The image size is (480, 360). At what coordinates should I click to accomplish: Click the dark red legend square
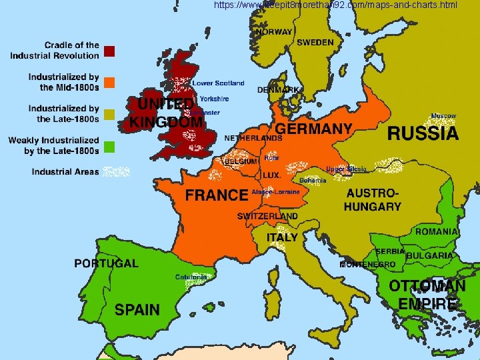pos(110,51)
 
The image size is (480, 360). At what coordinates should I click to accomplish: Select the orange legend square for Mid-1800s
pos(110,83)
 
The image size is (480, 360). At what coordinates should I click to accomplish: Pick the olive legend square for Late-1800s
pos(110,114)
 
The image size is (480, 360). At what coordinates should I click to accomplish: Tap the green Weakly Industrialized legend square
pos(110,146)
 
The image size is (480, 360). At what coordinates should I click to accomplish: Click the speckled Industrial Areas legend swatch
pos(116,172)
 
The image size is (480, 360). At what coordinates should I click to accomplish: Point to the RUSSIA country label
pos(423,134)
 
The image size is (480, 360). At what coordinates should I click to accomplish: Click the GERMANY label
pos(313,128)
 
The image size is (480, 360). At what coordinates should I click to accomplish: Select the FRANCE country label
pos(217,195)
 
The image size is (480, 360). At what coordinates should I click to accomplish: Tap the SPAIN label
pos(137,309)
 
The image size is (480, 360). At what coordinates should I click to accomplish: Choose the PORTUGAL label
pos(106,263)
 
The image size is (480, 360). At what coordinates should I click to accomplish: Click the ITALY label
pos(282,237)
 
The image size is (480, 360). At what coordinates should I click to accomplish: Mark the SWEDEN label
pos(315,42)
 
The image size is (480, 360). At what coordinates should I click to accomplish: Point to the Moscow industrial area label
pos(443,116)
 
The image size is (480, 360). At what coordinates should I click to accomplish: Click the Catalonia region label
pos(191,277)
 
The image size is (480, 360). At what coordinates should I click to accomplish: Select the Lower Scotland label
pos(218,83)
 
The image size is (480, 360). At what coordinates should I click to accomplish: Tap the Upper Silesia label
pos(346,169)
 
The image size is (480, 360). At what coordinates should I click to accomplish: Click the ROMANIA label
pos(437,232)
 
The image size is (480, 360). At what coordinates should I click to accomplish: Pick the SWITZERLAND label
pos(267,217)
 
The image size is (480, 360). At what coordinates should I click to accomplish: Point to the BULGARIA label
pos(430,256)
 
